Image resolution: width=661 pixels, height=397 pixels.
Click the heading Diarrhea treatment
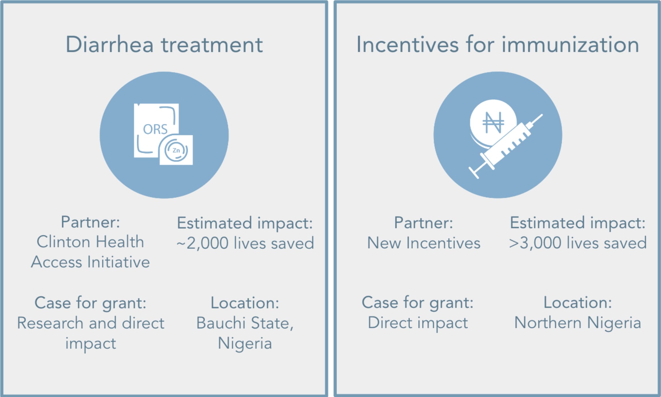(164, 45)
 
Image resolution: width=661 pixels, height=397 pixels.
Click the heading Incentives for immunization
(498, 45)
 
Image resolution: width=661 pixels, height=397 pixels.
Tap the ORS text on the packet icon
(155, 129)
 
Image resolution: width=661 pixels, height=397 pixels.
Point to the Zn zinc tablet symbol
(176, 150)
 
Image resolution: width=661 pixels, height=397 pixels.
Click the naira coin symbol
(493, 123)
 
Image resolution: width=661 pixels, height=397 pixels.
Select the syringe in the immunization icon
(506, 146)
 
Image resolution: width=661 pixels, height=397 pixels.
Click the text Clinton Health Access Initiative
(90, 252)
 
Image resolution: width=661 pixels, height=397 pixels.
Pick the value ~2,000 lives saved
(245, 243)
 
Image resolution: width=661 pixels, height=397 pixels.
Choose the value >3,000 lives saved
(578, 243)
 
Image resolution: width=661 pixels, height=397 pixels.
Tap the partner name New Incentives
(424, 243)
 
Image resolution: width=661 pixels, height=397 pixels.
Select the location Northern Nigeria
(578, 323)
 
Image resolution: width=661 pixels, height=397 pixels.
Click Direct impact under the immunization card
(418, 323)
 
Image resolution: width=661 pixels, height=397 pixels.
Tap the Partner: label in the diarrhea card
(90, 222)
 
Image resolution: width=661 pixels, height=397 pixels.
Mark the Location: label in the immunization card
(578, 302)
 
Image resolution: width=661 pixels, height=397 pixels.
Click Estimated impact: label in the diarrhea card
(245, 223)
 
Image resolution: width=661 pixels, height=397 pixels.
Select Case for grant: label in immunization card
(417, 303)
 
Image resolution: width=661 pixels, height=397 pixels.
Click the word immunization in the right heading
(570, 45)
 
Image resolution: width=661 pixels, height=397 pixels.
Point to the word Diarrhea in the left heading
(109, 45)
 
